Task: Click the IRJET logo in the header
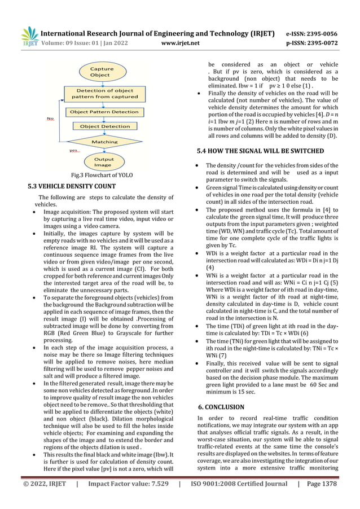tap(28, 36)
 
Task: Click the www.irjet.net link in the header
tap(180, 42)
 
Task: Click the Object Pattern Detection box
tap(104, 112)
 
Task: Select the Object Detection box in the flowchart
tap(104, 126)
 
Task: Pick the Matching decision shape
tap(104, 142)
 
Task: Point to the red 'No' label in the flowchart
tap(50, 119)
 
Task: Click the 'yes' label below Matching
tap(73, 151)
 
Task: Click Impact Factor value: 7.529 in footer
tap(127, 499)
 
